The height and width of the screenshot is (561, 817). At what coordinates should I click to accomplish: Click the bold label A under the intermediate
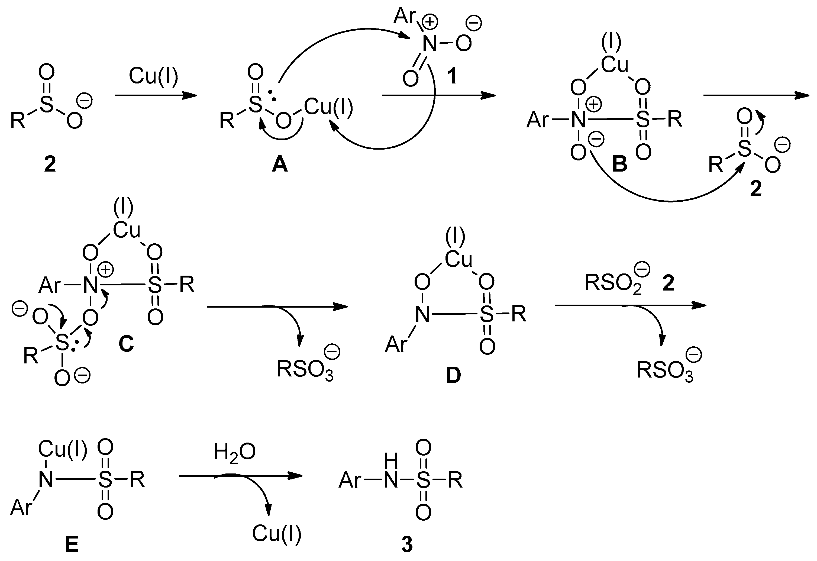click(280, 164)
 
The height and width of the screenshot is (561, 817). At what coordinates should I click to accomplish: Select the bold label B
click(619, 164)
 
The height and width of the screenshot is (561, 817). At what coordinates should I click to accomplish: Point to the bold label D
click(453, 376)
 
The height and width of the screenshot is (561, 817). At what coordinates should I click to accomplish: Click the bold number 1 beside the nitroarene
click(452, 76)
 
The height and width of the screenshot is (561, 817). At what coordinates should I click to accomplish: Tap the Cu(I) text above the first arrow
click(154, 76)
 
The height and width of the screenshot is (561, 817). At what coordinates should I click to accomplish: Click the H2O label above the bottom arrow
click(234, 452)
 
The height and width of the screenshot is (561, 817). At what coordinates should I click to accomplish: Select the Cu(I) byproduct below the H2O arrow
click(277, 534)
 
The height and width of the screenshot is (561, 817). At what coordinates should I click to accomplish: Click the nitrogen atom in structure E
click(46, 479)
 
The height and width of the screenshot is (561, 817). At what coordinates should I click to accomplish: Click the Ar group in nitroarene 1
click(404, 16)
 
